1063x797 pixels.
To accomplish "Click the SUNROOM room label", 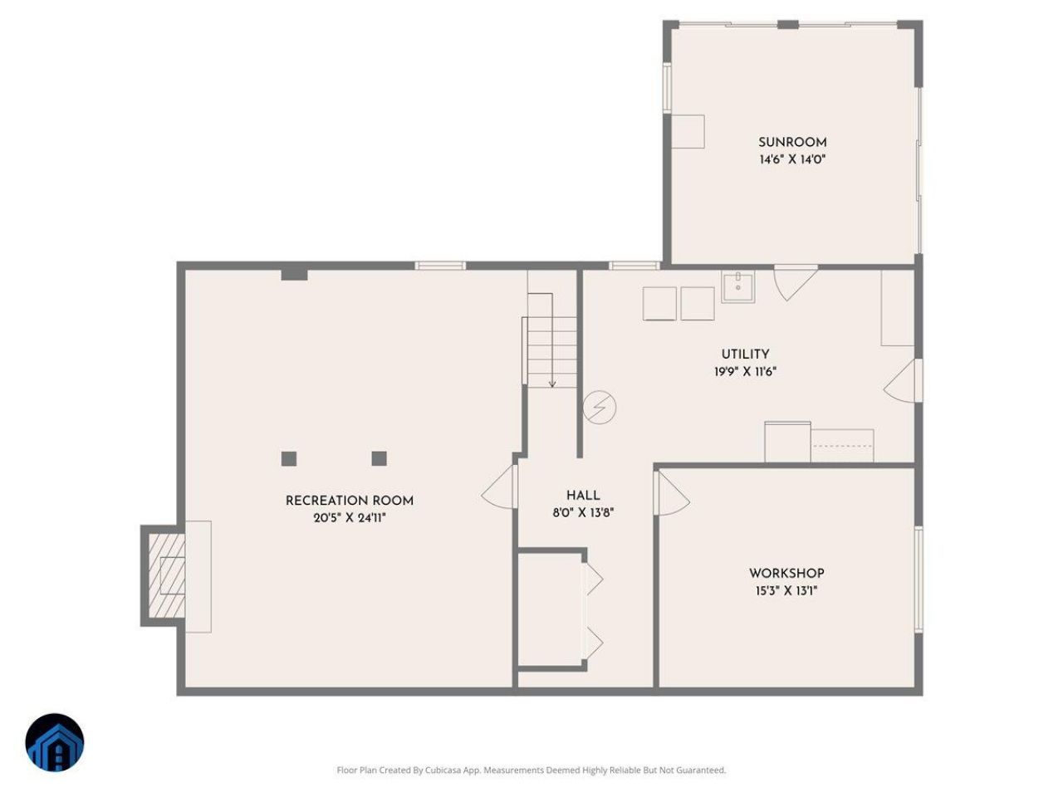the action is coord(791,142).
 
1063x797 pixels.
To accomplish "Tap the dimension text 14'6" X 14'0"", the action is coord(791,159).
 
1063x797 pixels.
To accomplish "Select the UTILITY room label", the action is coord(745,354).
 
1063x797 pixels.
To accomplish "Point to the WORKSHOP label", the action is coord(786,574).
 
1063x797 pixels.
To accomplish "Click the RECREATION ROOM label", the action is coord(350,501).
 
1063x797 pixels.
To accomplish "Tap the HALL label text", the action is coord(583,495).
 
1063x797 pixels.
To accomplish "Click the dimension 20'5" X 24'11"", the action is coord(350,518).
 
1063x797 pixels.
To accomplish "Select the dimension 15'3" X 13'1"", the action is coord(786,591).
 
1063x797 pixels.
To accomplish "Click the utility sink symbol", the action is coord(737,287).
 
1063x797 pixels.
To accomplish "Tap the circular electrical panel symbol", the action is coord(599,408).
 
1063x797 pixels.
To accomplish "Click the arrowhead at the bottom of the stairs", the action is coord(552,384).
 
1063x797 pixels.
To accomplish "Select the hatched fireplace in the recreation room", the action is coord(167,576).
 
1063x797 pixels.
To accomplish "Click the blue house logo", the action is coord(55,742).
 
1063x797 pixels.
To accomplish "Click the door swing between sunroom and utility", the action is coord(795,283).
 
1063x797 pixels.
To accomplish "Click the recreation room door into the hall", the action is coord(500,487).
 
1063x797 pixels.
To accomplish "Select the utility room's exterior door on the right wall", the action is coord(902,381).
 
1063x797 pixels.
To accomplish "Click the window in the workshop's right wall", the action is coord(918,579).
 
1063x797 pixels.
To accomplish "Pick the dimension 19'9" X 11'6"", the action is coord(745,372).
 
